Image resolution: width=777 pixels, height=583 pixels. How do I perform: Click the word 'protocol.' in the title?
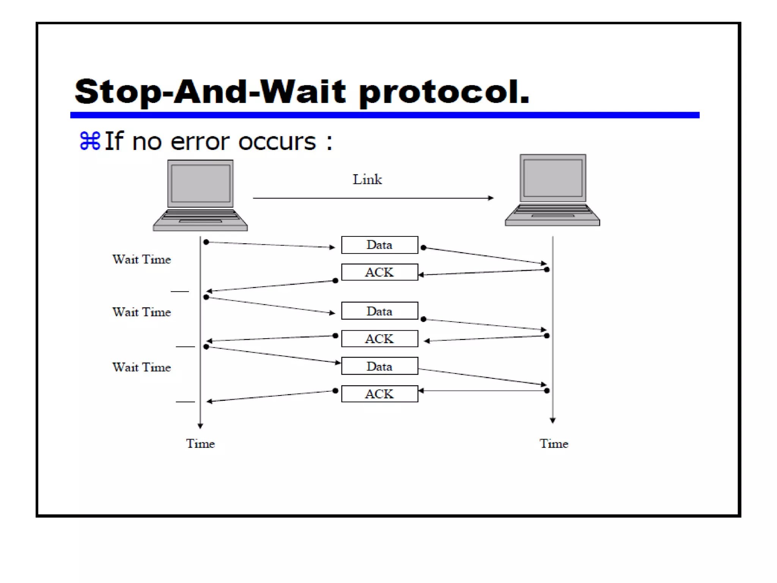click(x=444, y=92)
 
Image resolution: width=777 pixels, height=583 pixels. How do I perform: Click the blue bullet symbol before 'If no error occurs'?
click(x=90, y=141)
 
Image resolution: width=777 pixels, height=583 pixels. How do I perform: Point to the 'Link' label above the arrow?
click(x=367, y=180)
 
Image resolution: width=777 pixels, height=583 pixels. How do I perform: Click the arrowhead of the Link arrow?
click(x=491, y=198)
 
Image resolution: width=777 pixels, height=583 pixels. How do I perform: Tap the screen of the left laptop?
click(x=200, y=184)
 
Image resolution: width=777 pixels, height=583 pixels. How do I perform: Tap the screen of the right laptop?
click(x=552, y=178)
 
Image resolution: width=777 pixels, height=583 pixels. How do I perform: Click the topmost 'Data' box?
click(x=379, y=245)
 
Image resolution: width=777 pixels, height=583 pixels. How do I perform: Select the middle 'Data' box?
click(x=379, y=311)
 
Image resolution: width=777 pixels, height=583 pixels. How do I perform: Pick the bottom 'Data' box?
click(x=379, y=366)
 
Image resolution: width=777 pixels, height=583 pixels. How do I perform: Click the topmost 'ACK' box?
click(x=379, y=272)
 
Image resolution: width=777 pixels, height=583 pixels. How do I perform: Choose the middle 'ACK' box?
click(x=379, y=339)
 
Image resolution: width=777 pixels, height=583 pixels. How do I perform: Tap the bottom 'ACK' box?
click(x=379, y=394)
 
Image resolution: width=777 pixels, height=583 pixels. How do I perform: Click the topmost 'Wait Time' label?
click(x=142, y=260)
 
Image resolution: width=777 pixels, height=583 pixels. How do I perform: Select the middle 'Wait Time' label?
click(x=142, y=312)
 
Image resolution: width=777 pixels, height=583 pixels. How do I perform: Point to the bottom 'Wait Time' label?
click(x=142, y=367)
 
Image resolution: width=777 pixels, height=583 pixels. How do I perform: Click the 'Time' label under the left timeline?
click(x=200, y=444)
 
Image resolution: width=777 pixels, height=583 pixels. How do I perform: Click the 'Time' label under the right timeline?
click(x=554, y=444)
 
